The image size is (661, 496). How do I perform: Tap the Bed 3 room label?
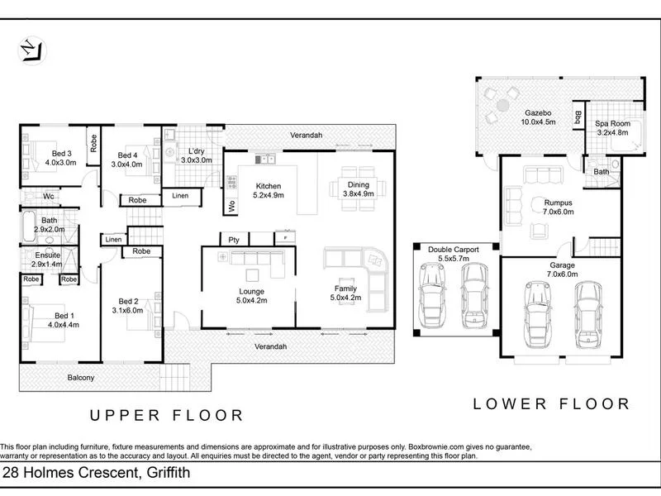click(59, 158)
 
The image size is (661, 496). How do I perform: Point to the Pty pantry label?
click(234, 240)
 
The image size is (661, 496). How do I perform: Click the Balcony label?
click(81, 378)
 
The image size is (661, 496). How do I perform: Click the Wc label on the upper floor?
click(49, 196)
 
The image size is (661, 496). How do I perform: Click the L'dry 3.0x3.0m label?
click(197, 155)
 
